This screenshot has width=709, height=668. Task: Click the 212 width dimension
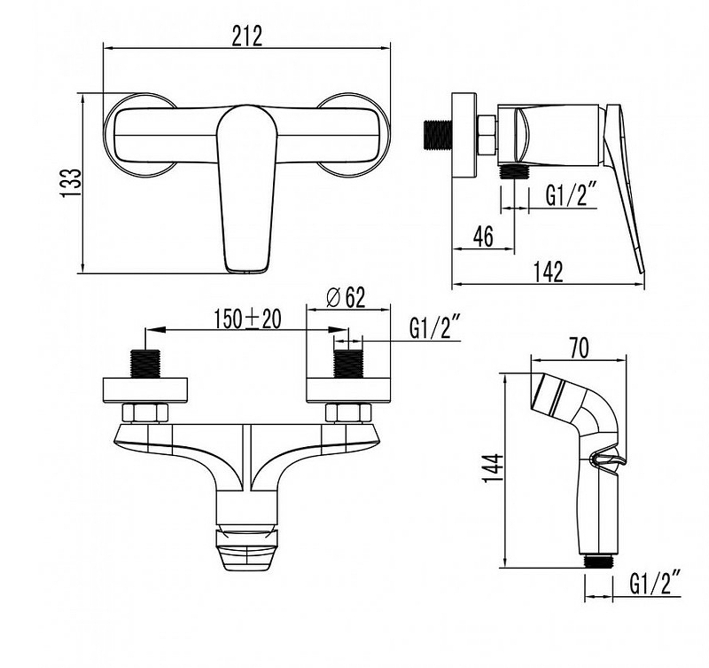click(247, 36)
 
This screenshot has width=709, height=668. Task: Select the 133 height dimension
click(71, 183)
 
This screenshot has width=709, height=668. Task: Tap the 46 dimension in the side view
click(483, 236)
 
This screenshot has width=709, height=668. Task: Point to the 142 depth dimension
click(549, 272)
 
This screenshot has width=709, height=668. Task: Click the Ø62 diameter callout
click(346, 298)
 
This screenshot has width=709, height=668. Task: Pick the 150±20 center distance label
click(247, 318)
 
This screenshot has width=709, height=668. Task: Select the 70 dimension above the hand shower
click(579, 349)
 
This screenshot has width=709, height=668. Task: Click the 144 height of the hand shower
click(494, 468)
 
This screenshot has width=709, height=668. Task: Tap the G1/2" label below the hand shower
click(655, 583)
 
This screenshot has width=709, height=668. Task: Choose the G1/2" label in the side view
click(572, 195)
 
